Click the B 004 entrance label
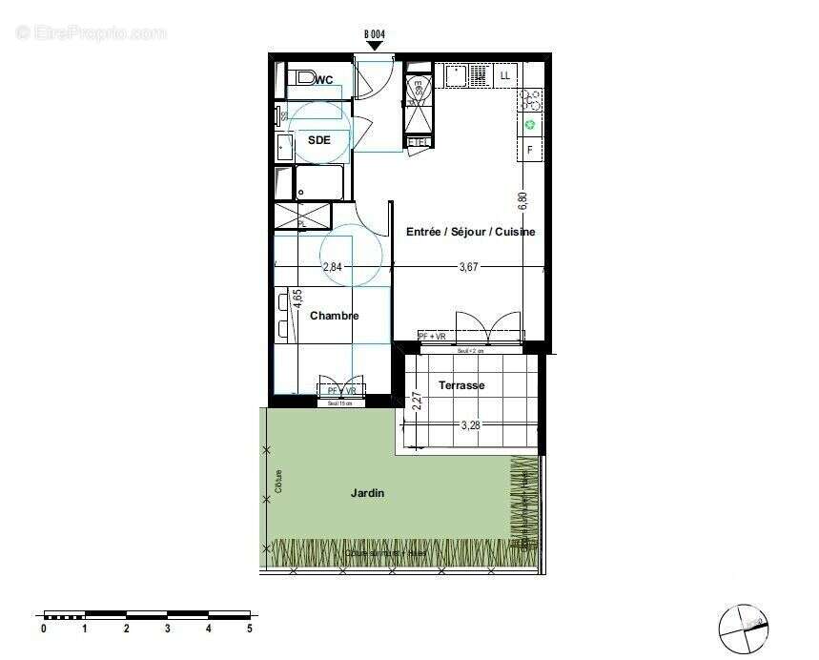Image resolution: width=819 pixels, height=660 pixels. pyautogui.click(x=375, y=34)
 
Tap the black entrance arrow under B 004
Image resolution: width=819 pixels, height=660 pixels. pyautogui.click(x=375, y=45)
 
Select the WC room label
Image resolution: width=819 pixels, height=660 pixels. pyautogui.click(x=324, y=80)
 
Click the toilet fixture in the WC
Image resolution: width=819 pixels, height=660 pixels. pyautogui.click(x=304, y=76)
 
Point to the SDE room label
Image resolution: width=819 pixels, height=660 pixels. pyautogui.click(x=318, y=140)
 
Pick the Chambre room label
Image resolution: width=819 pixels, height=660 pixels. pyautogui.click(x=334, y=316)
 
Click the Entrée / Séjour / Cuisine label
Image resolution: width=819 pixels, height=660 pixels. pyautogui.click(x=470, y=232)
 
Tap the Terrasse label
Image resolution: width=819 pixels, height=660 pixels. pyautogui.click(x=461, y=385)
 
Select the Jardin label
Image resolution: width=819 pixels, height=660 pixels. pyautogui.click(x=367, y=493)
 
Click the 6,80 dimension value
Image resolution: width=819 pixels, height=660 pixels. pyautogui.click(x=522, y=201)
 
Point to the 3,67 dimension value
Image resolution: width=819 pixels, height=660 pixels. pyautogui.click(x=468, y=268)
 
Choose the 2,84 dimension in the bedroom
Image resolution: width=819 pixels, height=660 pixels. pyautogui.click(x=332, y=268)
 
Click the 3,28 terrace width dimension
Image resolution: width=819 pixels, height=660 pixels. pyautogui.click(x=471, y=426)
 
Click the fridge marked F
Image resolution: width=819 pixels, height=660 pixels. pyautogui.click(x=530, y=150)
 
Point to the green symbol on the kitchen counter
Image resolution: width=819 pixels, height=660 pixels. pyautogui.click(x=530, y=125)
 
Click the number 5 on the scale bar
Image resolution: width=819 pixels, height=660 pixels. pyautogui.click(x=250, y=629)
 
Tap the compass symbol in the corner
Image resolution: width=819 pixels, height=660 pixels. pyautogui.click(x=743, y=627)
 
